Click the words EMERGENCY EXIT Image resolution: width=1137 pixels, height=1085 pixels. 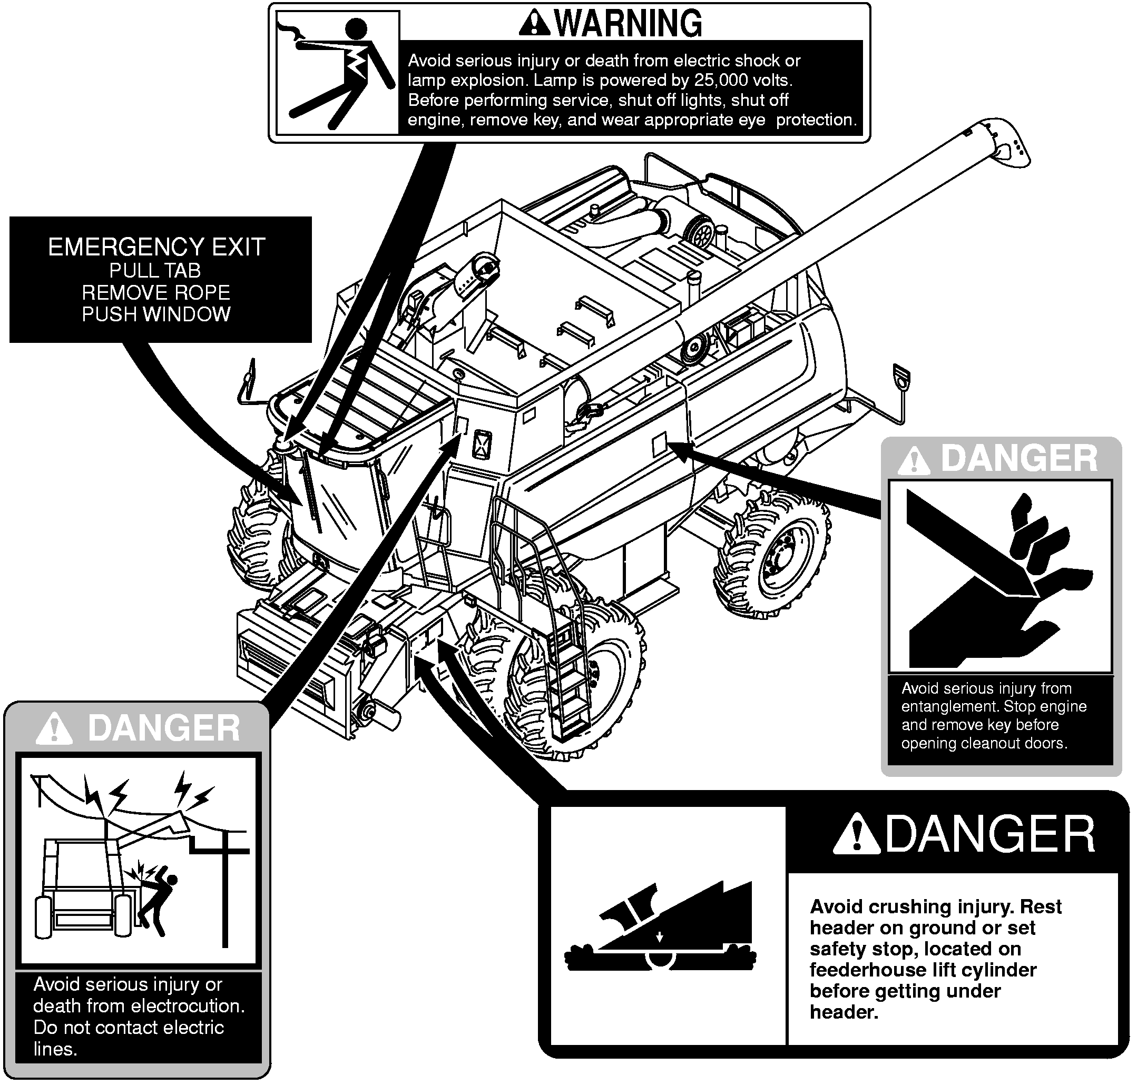(156, 248)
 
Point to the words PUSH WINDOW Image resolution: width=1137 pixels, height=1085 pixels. (156, 314)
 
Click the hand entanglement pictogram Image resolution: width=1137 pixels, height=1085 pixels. (1000, 576)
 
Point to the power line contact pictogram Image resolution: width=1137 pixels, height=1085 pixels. (139, 859)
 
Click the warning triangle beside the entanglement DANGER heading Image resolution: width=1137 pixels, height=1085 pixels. (914, 460)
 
